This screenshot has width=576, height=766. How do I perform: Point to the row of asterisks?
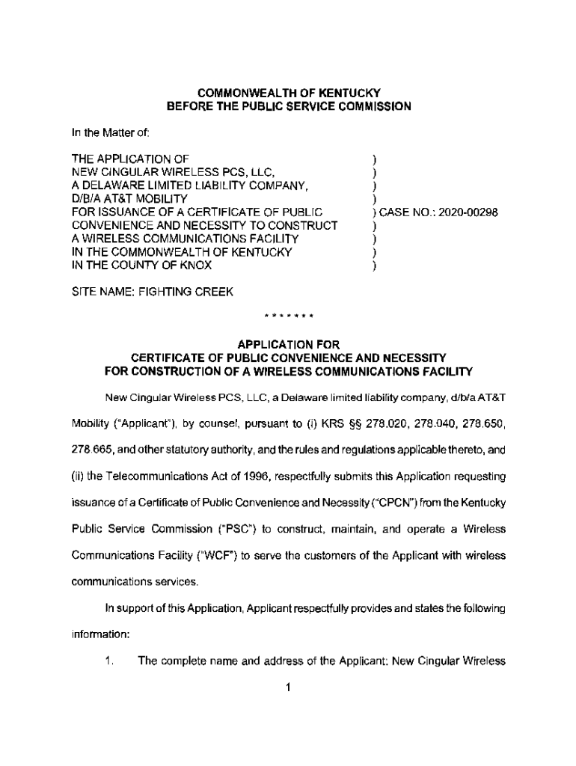coord(288,316)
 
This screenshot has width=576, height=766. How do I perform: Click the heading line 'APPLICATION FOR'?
coord(288,344)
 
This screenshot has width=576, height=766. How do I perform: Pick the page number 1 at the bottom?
coord(288,688)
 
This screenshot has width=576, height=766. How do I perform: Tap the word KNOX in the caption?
coord(194,266)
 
